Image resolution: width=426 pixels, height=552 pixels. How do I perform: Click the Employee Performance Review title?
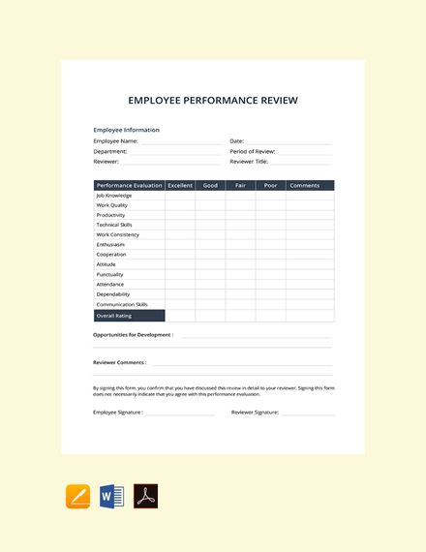[213, 100]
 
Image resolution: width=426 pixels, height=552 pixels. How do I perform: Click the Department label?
[109, 151]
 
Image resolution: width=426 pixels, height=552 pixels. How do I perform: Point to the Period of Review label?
[253, 151]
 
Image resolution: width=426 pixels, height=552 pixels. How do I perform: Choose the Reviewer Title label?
[249, 162]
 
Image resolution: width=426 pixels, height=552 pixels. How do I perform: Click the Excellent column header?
[180, 185]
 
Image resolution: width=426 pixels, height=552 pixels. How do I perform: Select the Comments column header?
[304, 185]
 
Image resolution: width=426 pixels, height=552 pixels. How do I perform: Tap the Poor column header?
[270, 185]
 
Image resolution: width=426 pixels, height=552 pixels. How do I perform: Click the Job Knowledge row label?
[114, 196]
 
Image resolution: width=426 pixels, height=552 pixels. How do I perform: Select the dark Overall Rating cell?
[129, 316]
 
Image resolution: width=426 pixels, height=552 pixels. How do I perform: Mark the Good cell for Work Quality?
[210, 205]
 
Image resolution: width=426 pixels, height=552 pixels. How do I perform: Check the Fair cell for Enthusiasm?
[240, 244]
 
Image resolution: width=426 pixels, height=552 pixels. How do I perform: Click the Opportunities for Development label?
[133, 335]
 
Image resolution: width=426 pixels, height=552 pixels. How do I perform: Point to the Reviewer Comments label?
[119, 362]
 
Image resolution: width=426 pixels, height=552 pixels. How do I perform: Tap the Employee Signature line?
[180, 413]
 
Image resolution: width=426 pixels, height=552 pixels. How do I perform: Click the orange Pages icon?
[77, 496]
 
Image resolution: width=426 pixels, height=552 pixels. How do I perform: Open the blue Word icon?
[111, 496]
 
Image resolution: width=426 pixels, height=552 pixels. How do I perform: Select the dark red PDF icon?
[145, 496]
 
